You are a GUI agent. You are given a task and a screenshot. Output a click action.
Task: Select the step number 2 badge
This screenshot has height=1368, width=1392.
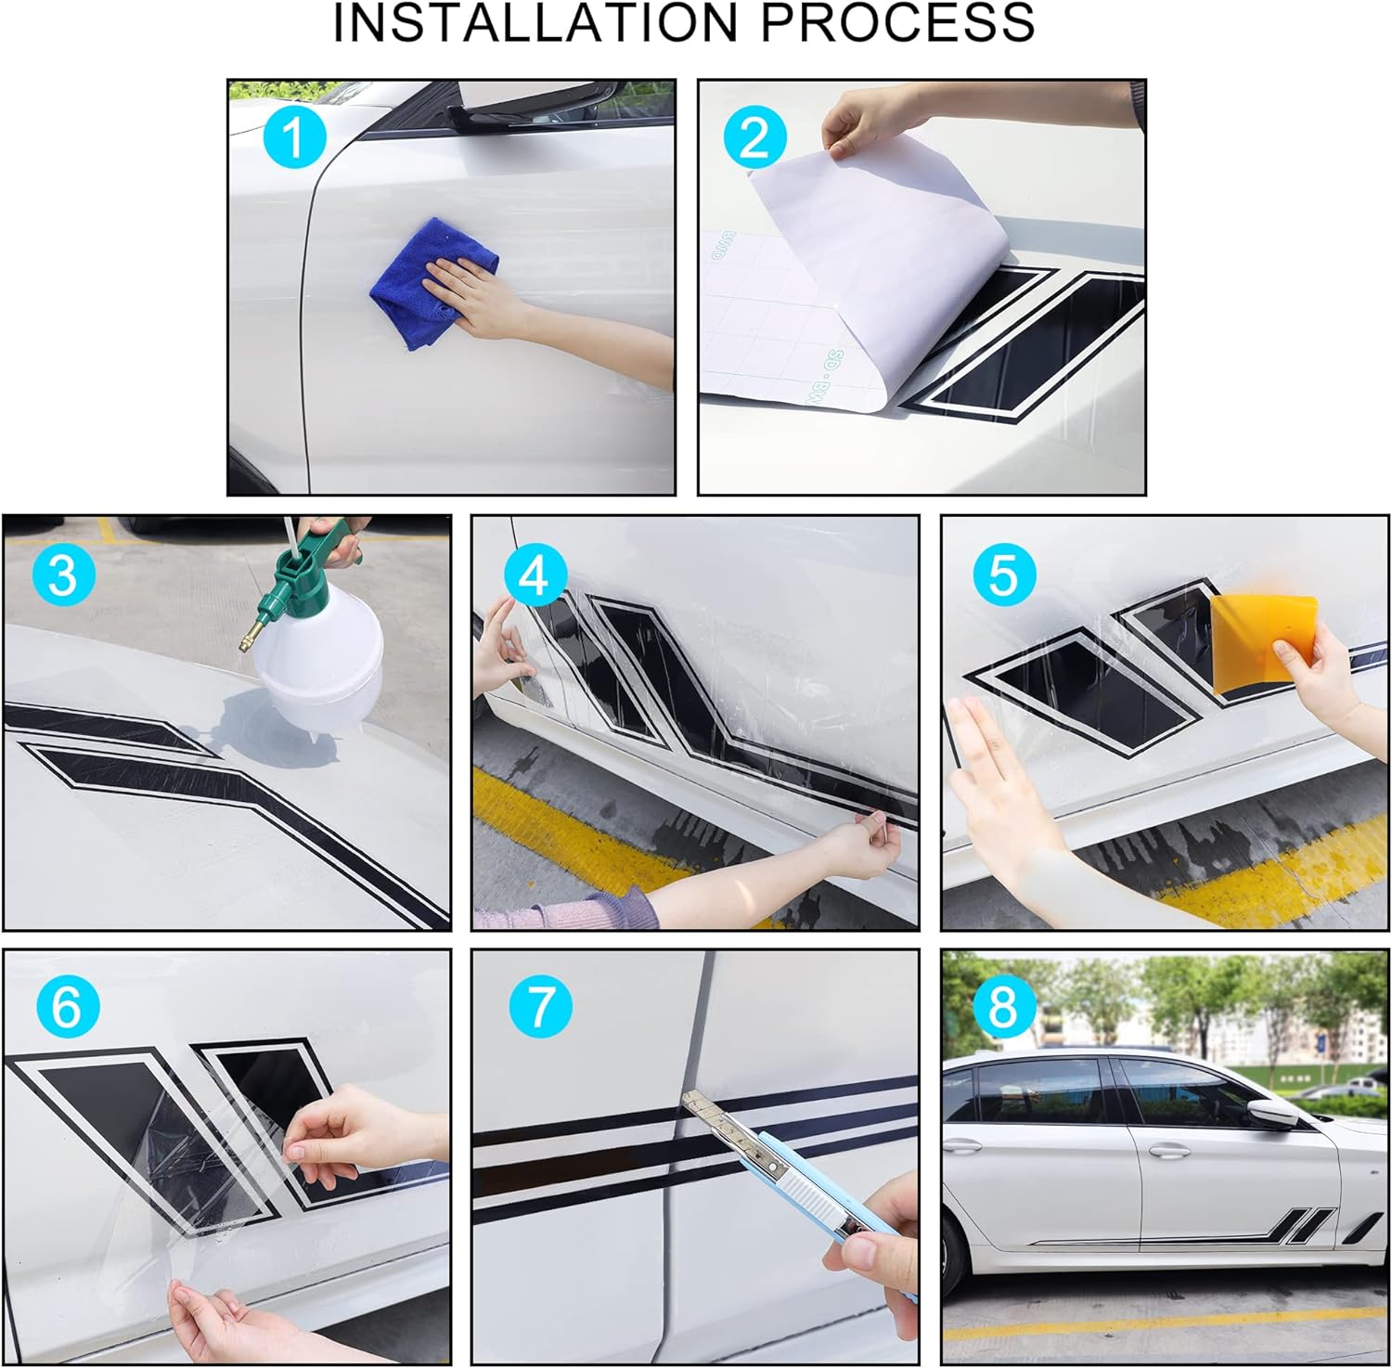755,138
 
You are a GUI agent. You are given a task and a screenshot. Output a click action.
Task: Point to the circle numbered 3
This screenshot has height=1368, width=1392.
63,574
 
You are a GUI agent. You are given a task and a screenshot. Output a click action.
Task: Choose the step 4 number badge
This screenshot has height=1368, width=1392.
535,575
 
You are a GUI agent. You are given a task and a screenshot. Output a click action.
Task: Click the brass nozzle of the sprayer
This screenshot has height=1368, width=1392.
255,635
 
